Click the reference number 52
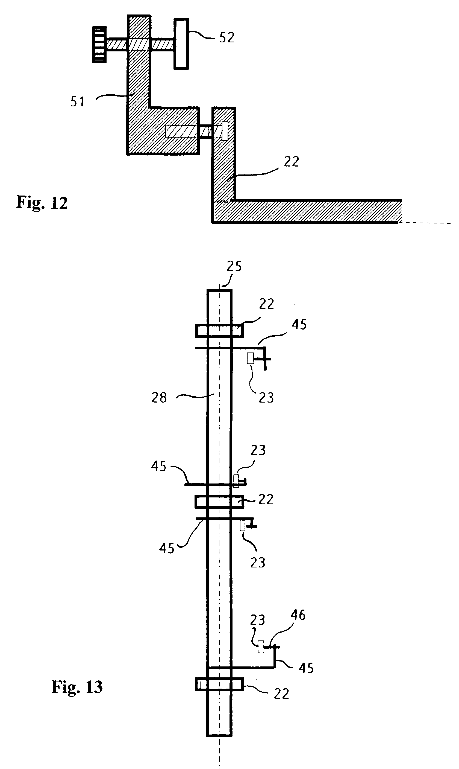pyautogui.click(x=227, y=37)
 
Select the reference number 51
pyautogui.click(x=77, y=102)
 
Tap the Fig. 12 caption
pyautogui.click(x=42, y=203)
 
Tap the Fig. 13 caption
pyautogui.click(x=77, y=687)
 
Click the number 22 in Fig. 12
pyautogui.click(x=291, y=162)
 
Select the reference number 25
pyautogui.click(x=234, y=266)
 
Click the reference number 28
pyautogui.click(x=159, y=398)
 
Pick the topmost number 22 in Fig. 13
pyautogui.click(x=266, y=304)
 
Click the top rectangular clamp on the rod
pyautogui.click(x=219, y=331)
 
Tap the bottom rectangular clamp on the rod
pyautogui.click(x=219, y=684)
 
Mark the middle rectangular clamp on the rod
pyautogui.click(x=219, y=502)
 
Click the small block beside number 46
pyautogui.click(x=261, y=647)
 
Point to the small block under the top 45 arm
pyautogui.click(x=251, y=358)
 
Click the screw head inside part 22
pyautogui.click(x=225, y=131)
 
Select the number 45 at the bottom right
pyautogui.click(x=306, y=668)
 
